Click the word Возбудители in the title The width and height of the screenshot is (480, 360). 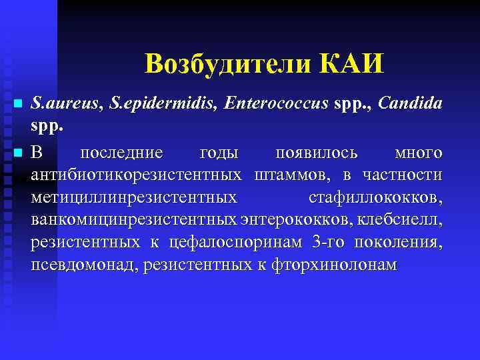point(229,64)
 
